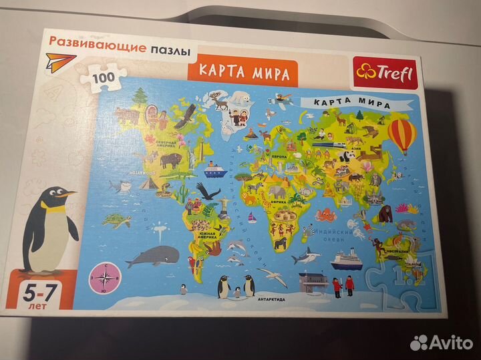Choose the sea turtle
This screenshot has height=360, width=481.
[120, 220]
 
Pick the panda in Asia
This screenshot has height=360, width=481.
[348, 155]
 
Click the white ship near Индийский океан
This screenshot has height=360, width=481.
[345, 257]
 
